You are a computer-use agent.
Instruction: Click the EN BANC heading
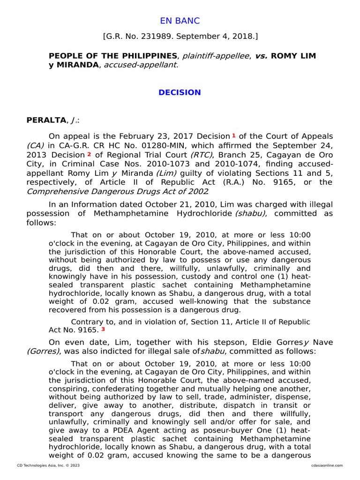(x=180, y=21)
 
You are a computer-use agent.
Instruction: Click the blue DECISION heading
(x=180, y=92)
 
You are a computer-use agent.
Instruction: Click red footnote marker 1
(x=234, y=135)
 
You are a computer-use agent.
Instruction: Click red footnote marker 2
(x=89, y=154)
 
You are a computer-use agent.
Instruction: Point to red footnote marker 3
(x=103, y=329)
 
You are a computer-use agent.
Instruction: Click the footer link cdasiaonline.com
(x=327, y=465)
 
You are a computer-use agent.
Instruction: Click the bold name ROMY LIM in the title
(x=293, y=56)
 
